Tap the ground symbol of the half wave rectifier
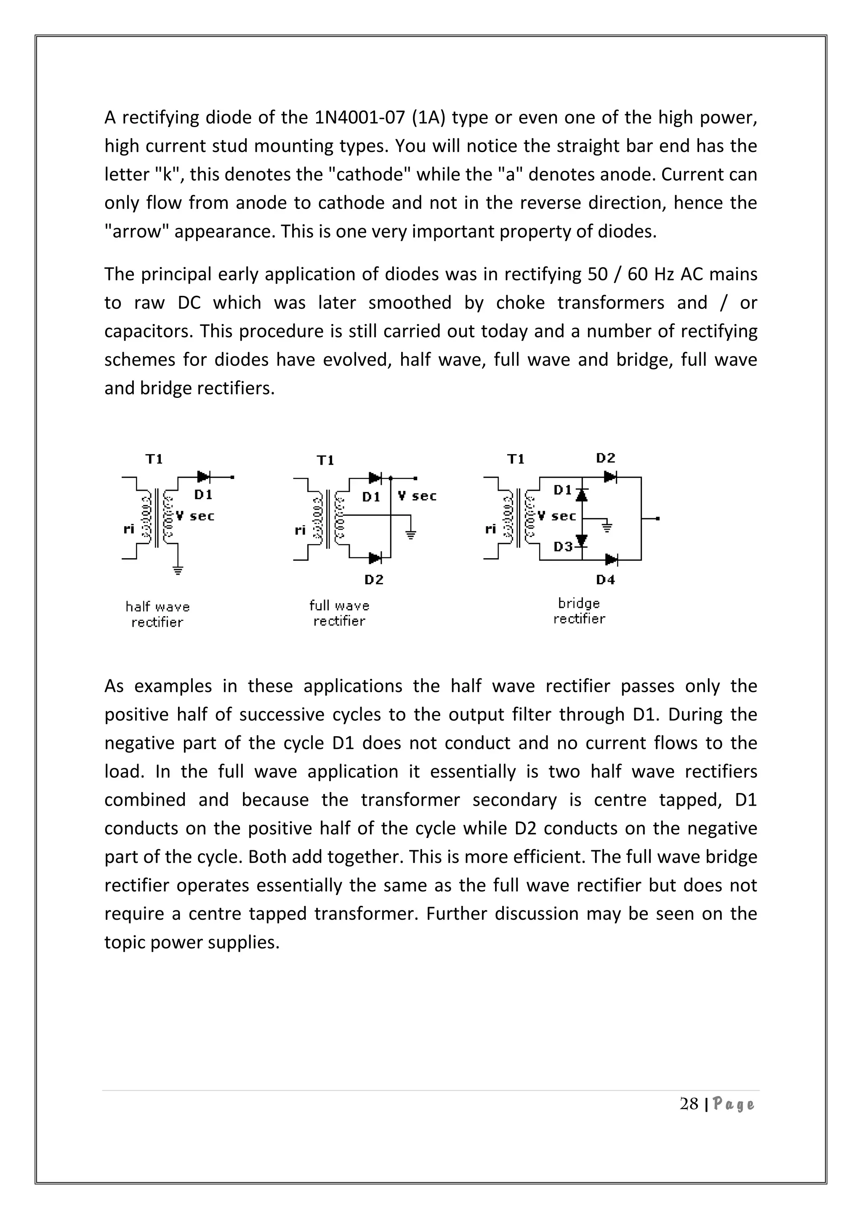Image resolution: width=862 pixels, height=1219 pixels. tap(178, 571)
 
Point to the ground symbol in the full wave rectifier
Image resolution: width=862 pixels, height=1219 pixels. tap(410, 534)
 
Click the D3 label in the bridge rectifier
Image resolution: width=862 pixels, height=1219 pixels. tap(563, 546)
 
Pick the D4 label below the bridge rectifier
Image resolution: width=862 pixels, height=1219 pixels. tap(605, 580)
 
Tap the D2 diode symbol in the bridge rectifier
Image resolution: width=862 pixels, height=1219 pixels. tap(610, 477)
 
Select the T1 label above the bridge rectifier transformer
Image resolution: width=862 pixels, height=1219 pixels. tap(516, 459)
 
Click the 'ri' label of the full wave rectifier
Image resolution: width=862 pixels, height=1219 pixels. tap(300, 530)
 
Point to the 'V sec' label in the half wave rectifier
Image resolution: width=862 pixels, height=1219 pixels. tap(195, 516)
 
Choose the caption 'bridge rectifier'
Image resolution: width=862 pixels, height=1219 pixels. tap(579, 611)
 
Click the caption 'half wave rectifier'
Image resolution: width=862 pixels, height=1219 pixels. tap(158, 614)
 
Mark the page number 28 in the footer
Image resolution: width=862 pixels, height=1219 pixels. tap(689, 1105)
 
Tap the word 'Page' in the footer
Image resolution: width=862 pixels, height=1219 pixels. tap(733, 1105)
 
